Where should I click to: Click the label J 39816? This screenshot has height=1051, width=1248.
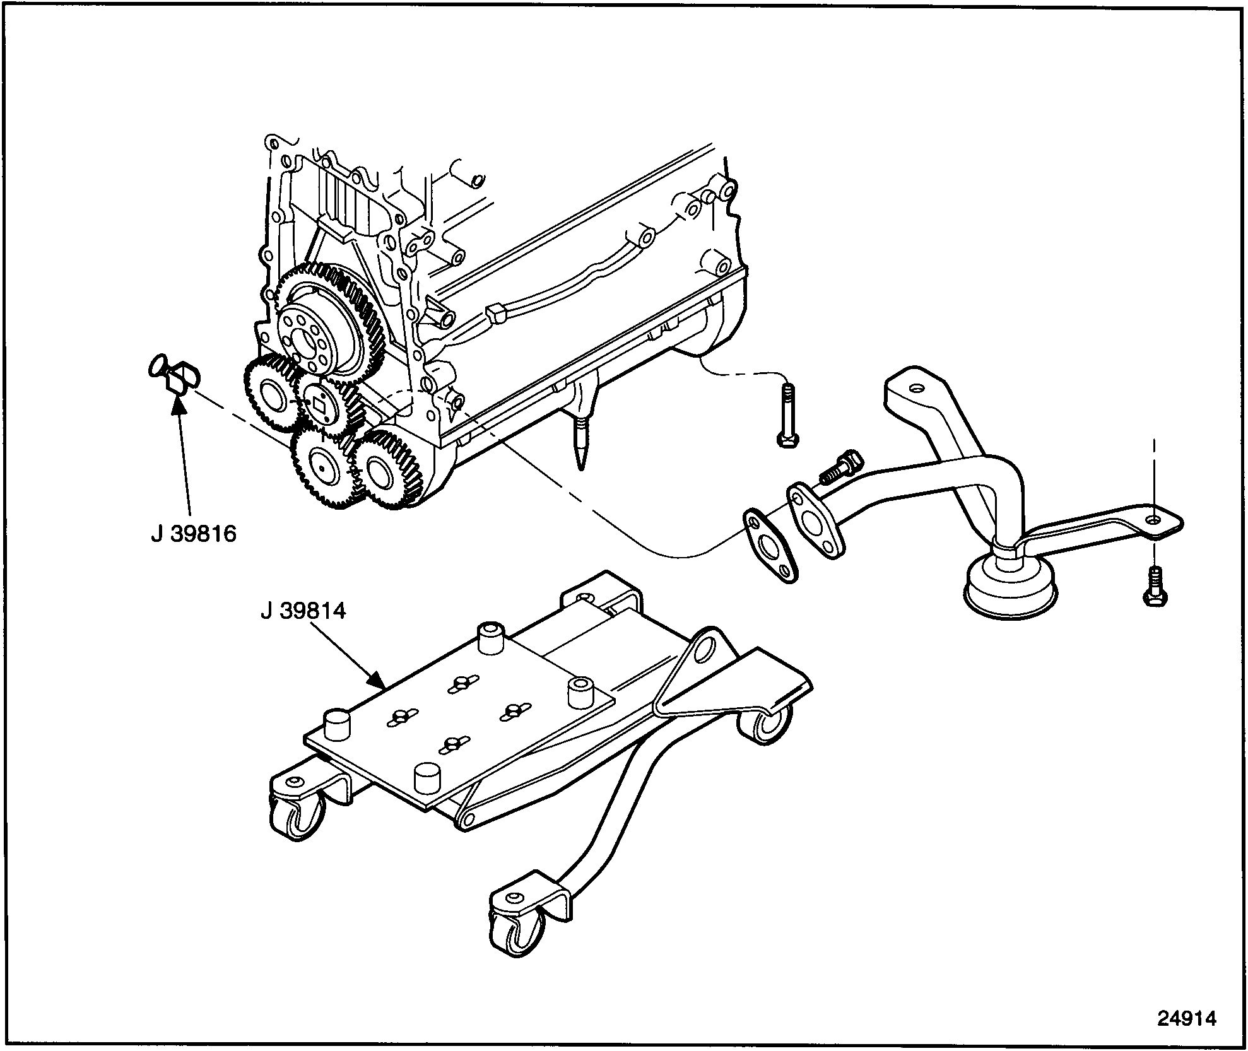point(193,534)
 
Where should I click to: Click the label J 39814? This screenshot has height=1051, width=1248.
point(303,611)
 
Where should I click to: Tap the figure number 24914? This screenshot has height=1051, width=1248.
point(1186,1018)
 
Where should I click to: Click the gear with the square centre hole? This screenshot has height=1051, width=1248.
point(319,406)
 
